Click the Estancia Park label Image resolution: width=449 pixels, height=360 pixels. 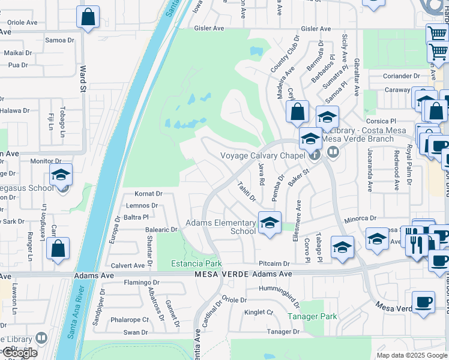coord(196,263)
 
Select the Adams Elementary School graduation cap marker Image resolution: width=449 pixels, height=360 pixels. coord(270,222)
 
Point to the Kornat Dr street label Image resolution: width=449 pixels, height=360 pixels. coord(149,194)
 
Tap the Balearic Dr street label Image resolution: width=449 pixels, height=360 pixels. coord(161,229)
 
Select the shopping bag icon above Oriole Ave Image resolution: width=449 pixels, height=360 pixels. coord(88,17)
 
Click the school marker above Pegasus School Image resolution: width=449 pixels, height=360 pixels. coord(61,175)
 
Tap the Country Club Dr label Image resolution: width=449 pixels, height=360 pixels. coord(284,55)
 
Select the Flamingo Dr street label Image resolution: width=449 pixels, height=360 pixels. coord(141,282)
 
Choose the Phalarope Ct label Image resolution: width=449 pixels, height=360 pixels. coord(128,319)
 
